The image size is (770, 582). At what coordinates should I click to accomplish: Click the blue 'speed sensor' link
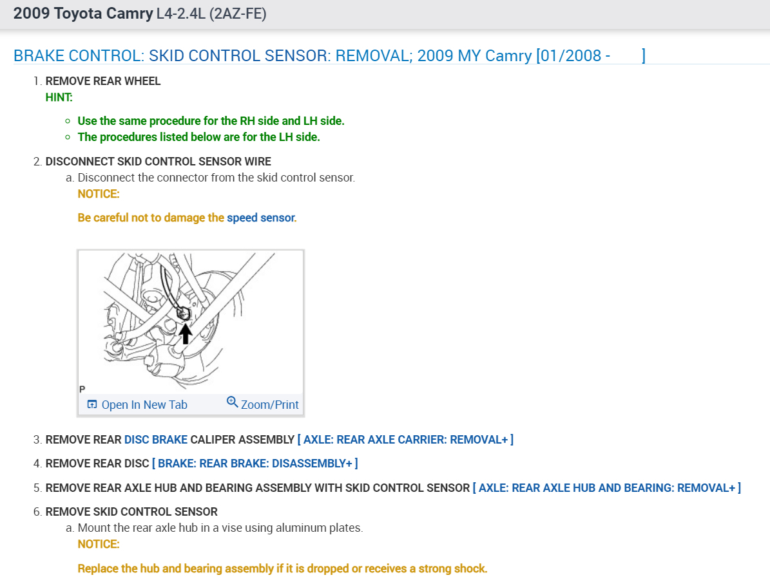click(x=260, y=218)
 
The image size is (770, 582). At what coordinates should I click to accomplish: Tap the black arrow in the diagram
click(x=185, y=333)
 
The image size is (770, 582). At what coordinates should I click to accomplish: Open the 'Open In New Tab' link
click(x=144, y=405)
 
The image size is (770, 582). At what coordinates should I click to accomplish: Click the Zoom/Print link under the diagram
click(x=269, y=405)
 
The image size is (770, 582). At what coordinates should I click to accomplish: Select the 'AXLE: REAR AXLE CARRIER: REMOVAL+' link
click(x=405, y=440)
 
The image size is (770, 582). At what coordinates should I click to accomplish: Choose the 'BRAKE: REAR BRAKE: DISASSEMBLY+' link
click(x=255, y=464)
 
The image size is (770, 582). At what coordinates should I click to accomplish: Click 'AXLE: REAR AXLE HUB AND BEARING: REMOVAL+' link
click(x=606, y=488)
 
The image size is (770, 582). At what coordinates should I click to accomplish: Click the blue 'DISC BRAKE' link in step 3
click(x=156, y=440)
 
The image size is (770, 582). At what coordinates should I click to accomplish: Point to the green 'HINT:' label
click(x=59, y=97)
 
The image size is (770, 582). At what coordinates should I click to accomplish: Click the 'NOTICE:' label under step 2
click(x=99, y=194)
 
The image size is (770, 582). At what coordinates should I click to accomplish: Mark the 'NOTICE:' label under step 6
click(x=99, y=544)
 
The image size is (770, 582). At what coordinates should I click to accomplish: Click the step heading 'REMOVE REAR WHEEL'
click(x=103, y=81)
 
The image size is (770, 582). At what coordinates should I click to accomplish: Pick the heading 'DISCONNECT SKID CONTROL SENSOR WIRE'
click(x=159, y=162)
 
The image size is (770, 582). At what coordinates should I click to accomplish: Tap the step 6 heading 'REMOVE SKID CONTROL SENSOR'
click(x=131, y=512)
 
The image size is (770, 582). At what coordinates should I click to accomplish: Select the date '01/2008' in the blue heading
click(x=566, y=55)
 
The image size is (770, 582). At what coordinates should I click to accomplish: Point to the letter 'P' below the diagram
click(x=82, y=390)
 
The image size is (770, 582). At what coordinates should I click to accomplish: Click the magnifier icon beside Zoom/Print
click(x=232, y=402)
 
